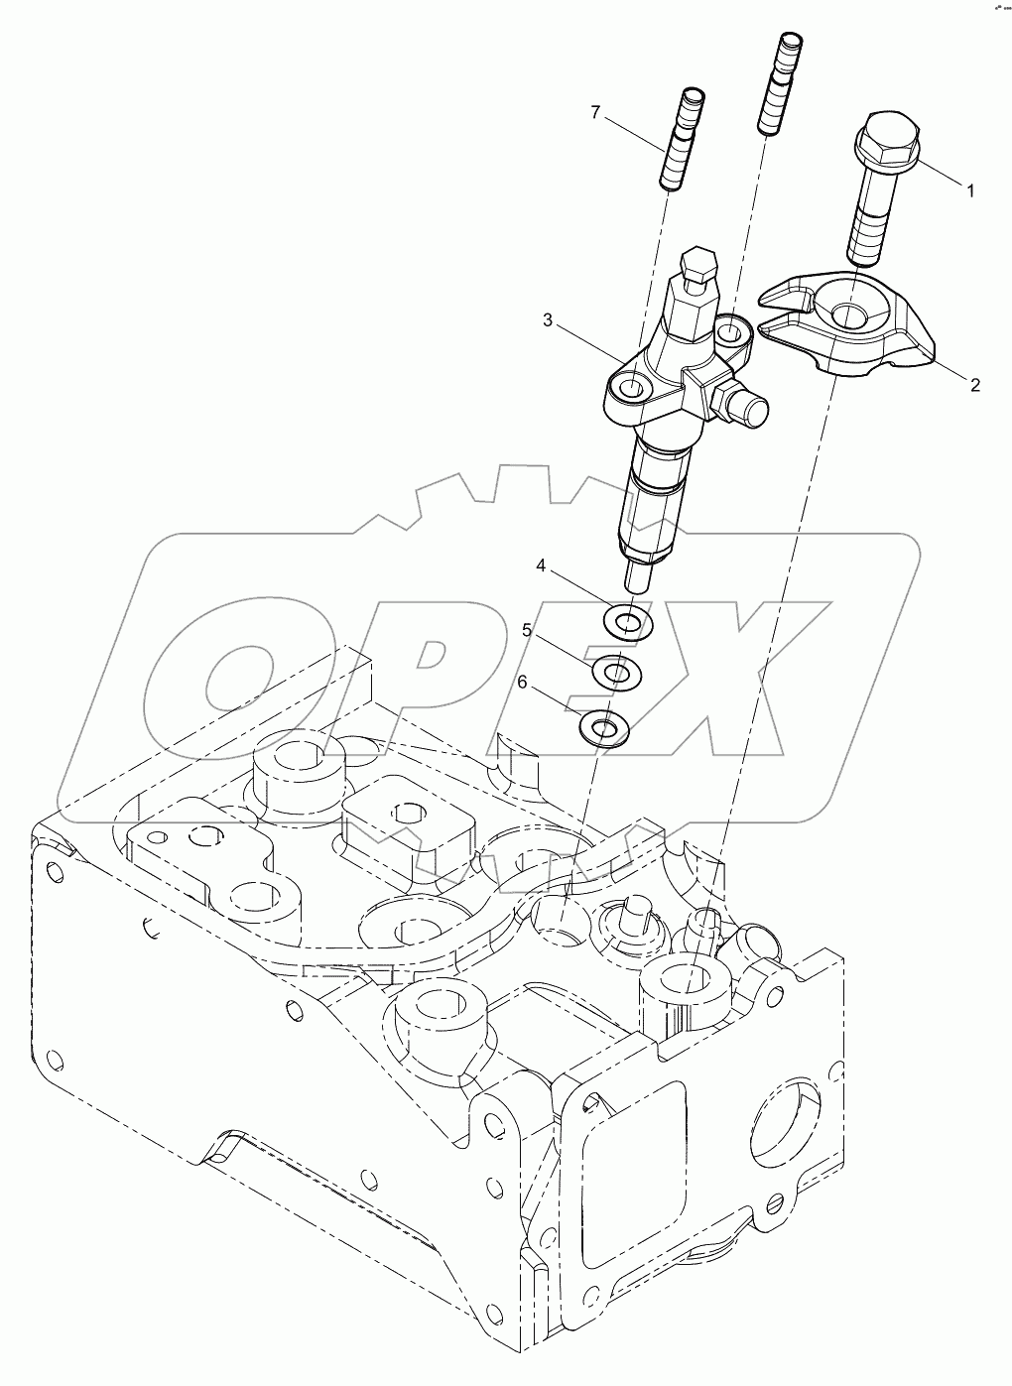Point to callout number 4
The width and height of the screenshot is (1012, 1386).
click(x=541, y=567)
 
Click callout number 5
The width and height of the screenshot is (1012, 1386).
click(x=527, y=630)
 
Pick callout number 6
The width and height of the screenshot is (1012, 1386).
click(x=523, y=682)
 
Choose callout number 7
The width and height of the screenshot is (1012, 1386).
click(x=595, y=112)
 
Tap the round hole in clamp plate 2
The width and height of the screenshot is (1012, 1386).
click(x=850, y=316)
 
